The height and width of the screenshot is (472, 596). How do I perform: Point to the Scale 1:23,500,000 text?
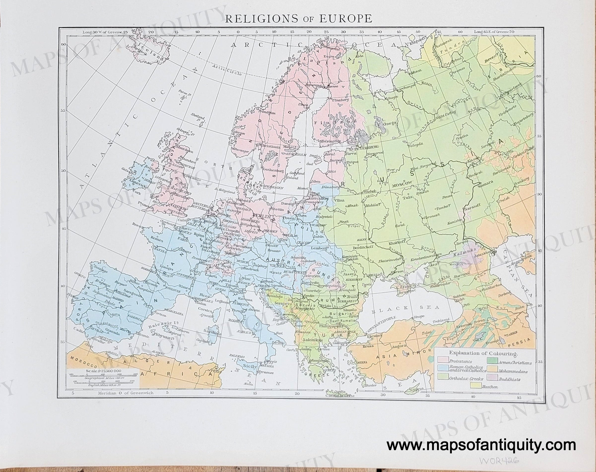(x=104, y=371)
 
